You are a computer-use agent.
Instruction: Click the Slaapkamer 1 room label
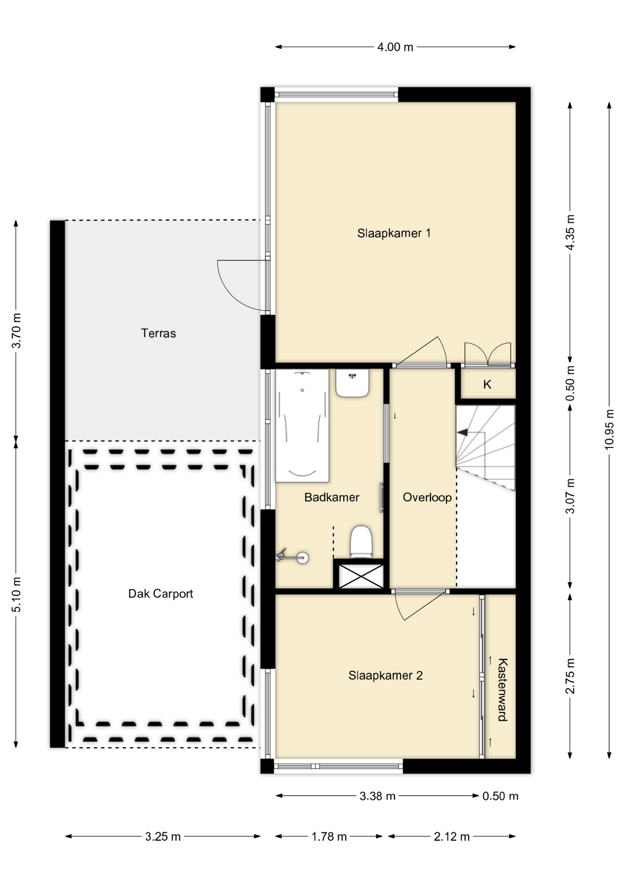(x=394, y=233)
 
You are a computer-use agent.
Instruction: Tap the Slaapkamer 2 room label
(x=385, y=676)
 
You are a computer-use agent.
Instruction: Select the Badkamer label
(x=332, y=497)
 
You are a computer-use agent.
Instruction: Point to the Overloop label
(x=427, y=497)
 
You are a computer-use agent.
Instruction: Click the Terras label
(x=158, y=333)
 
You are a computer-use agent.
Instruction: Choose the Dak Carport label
(x=161, y=594)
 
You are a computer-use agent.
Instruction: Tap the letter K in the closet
(x=487, y=384)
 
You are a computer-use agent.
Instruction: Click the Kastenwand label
(x=503, y=690)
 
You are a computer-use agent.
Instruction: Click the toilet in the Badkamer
(x=361, y=542)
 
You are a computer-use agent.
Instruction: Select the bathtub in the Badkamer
(x=302, y=426)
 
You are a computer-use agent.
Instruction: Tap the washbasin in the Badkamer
(x=352, y=383)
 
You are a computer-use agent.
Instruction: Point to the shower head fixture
(x=293, y=556)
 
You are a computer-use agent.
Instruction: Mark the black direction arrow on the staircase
(x=463, y=432)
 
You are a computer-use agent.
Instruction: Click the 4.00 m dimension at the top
(x=395, y=47)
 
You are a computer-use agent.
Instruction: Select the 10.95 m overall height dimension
(x=609, y=429)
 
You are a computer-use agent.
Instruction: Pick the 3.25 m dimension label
(x=163, y=837)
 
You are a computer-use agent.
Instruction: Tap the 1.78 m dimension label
(x=329, y=837)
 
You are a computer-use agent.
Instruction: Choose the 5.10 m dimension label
(x=16, y=595)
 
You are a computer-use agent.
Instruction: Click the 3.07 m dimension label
(x=570, y=496)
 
